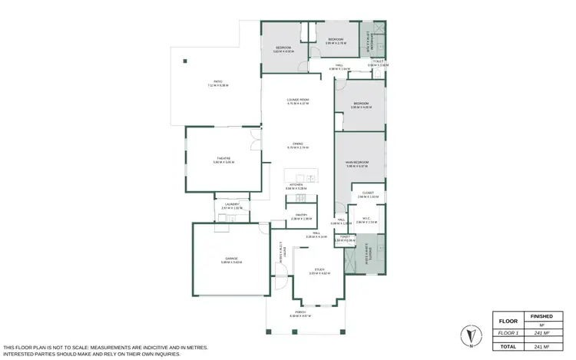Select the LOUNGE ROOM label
(x=298, y=101)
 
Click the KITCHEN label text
(x=296, y=186)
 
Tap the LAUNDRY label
(x=231, y=206)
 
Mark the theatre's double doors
(x=253, y=140)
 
